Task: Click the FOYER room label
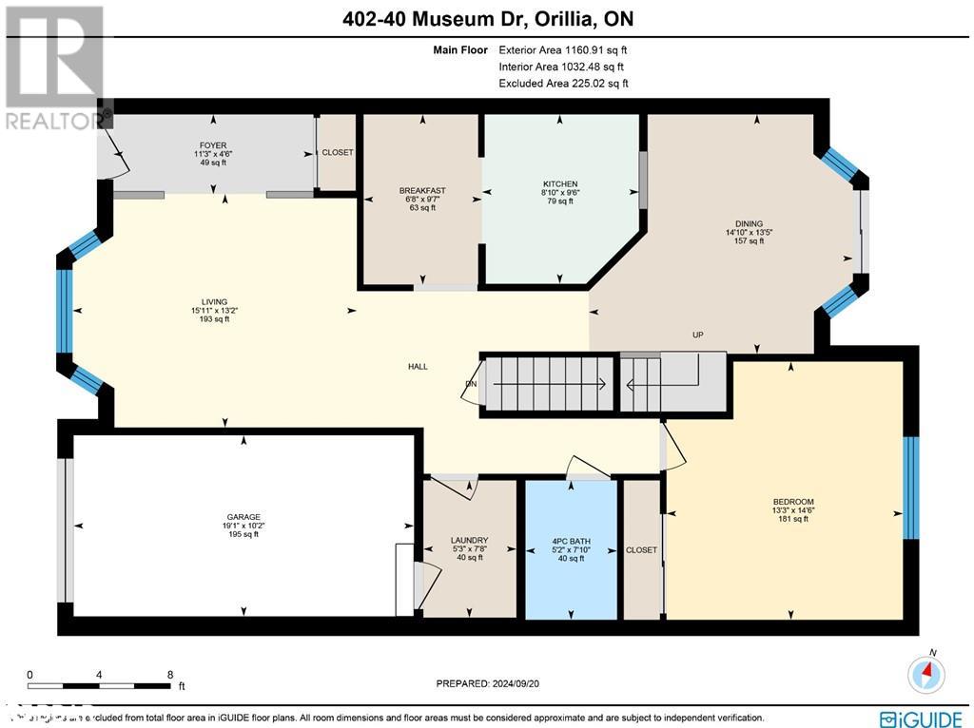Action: click(206, 145)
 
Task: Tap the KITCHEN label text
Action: click(560, 184)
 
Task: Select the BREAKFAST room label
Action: click(422, 191)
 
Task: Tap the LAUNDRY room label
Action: click(469, 541)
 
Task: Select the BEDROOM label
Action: click(793, 502)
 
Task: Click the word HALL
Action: click(419, 367)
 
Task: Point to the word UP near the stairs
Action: click(697, 335)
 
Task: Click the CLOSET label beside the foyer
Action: click(337, 153)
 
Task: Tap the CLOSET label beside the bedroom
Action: click(641, 550)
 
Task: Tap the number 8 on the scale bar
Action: click(169, 672)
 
